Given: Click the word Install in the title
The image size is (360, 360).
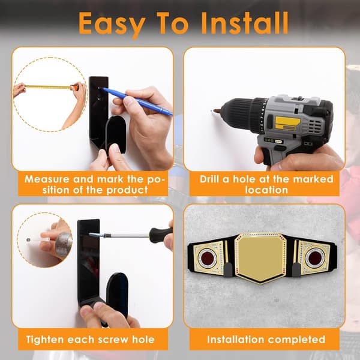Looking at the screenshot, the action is point(245,23).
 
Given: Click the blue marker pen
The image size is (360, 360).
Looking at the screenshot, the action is point(137,101).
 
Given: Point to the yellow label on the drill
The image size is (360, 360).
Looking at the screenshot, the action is point(287,123).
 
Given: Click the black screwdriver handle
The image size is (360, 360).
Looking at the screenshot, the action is point(160,235).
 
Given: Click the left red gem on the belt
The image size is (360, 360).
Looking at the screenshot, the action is point(207,256).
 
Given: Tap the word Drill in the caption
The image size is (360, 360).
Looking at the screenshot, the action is point(209,179).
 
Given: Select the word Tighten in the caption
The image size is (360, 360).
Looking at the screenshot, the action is point(45,340).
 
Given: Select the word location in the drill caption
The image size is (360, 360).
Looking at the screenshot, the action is point(266,190).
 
